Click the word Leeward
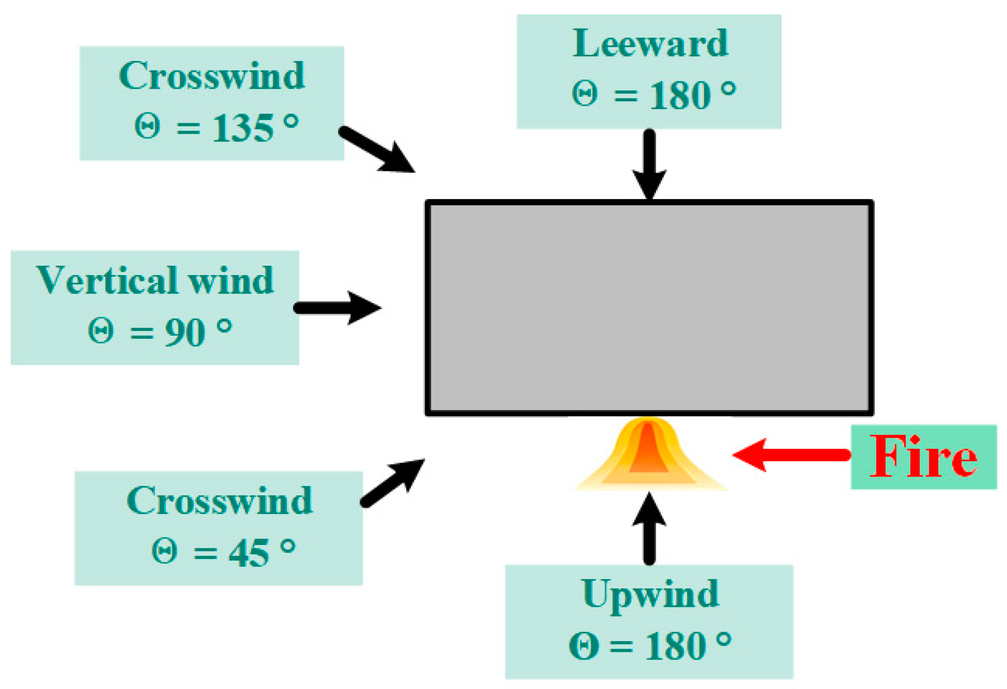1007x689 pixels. point(650,44)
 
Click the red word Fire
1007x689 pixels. point(923,457)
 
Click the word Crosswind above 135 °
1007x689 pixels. point(211,76)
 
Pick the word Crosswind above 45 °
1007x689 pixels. point(219,501)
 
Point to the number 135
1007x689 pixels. point(243,128)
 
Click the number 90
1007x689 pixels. point(185,333)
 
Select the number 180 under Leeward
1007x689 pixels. point(679,96)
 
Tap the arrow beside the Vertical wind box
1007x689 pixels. point(338,308)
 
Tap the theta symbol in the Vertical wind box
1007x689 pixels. point(101,331)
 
